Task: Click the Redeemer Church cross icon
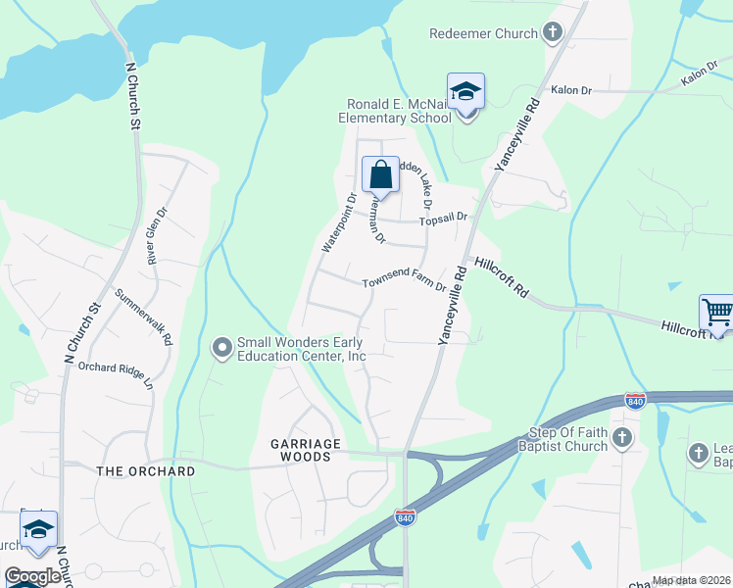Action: tap(553, 33)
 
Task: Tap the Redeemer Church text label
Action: tap(483, 33)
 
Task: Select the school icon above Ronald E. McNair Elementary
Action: tap(465, 92)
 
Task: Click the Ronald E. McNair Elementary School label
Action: tap(400, 111)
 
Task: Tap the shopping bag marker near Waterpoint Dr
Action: tap(380, 175)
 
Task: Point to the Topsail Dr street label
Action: tap(446, 220)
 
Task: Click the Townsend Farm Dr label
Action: tap(404, 283)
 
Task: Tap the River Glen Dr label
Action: tap(156, 240)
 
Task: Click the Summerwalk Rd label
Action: tap(144, 317)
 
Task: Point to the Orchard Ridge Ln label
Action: tap(117, 374)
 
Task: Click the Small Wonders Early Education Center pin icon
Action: tap(222, 347)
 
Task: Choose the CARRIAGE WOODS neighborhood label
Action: tap(306, 450)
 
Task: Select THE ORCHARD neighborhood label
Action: tap(146, 471)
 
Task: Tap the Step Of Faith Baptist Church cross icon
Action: tap(622, 438)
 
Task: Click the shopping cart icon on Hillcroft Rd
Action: tap(717, 313)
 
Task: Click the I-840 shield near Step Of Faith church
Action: tap(635, 401)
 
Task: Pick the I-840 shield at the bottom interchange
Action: tap(404, 515)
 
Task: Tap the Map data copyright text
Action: tap(691, 580)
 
